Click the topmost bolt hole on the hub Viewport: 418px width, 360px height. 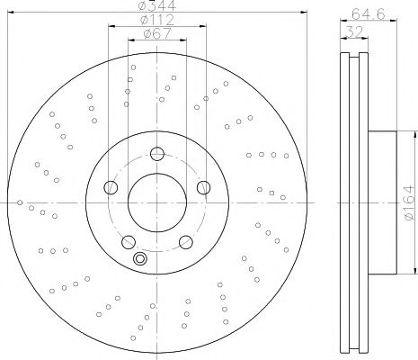point(156,153)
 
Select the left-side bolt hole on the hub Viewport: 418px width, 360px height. point(111,187)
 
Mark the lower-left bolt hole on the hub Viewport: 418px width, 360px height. point(129,241)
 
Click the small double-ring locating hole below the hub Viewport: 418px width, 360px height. point(139,260)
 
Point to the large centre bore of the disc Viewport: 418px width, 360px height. point(156,201)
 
